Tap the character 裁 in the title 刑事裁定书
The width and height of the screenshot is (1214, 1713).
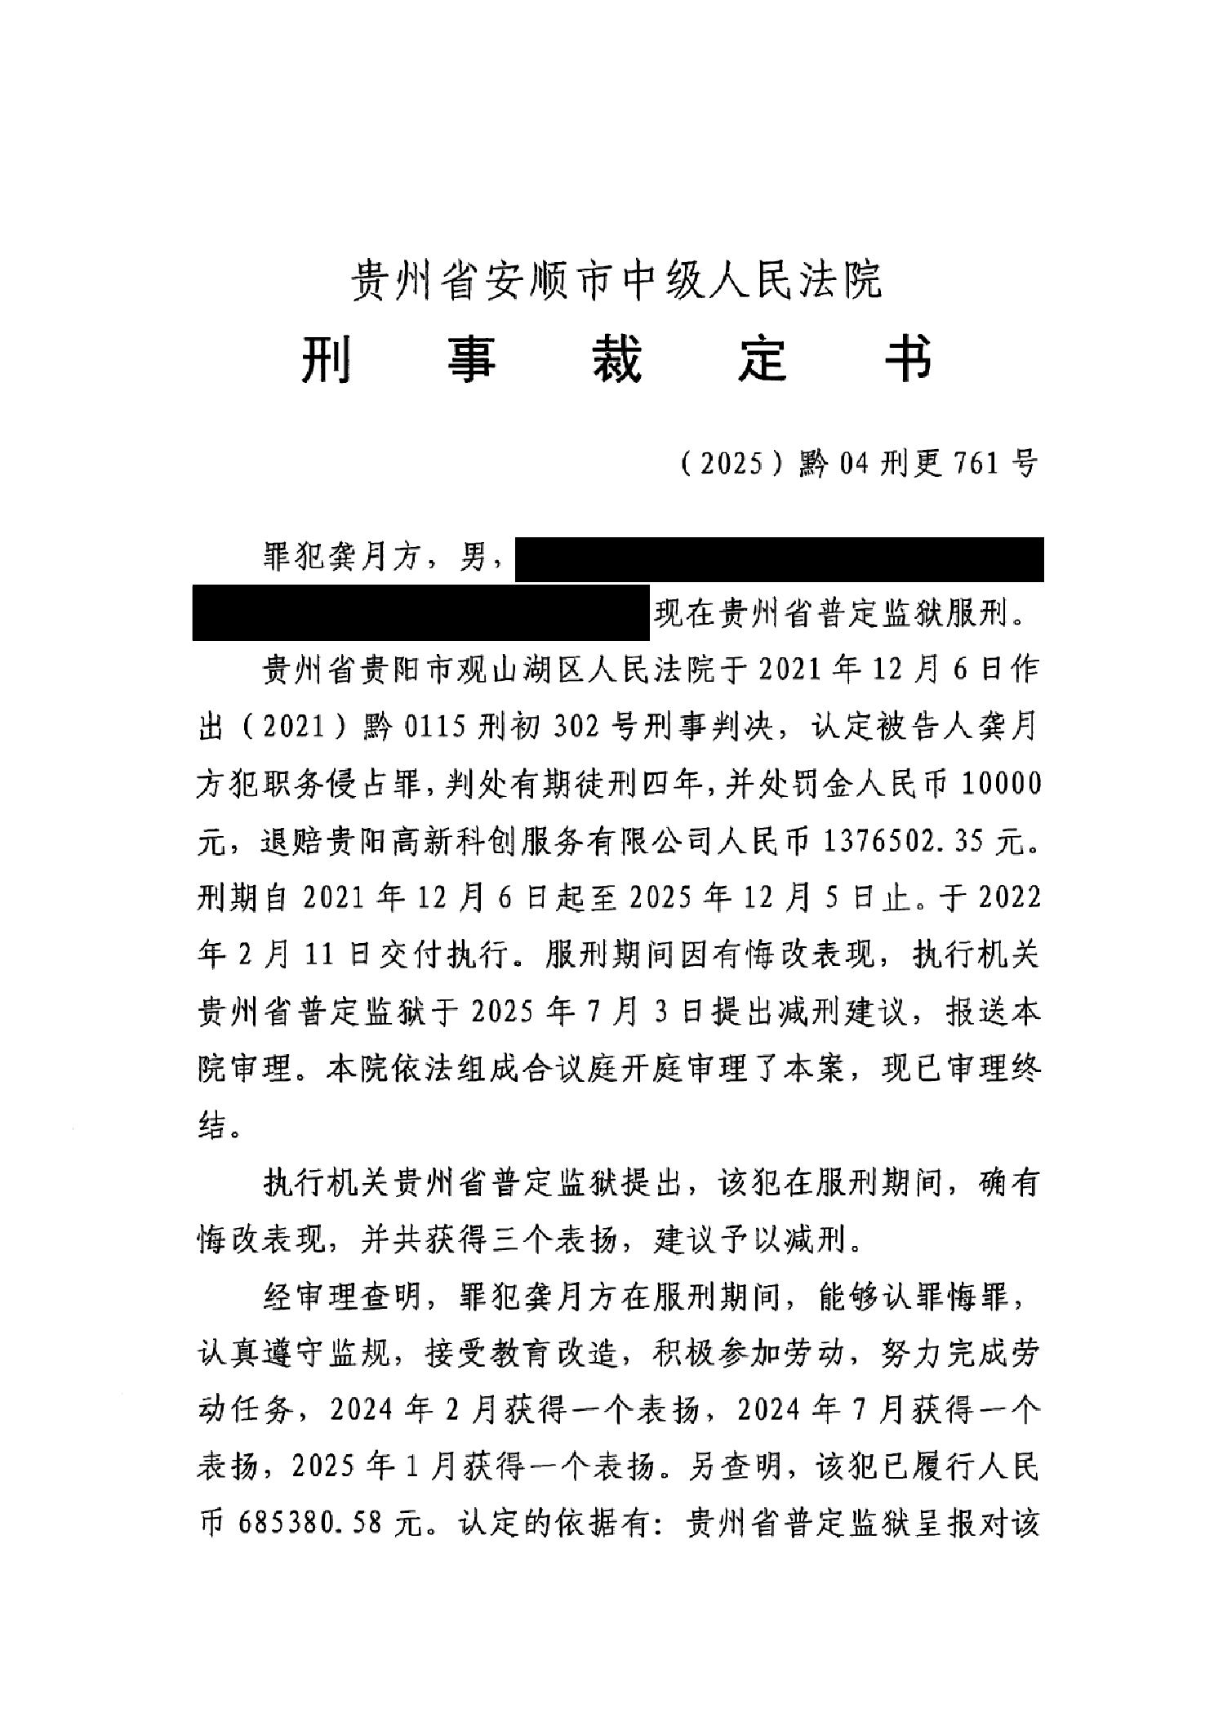pyautogui.click(x=616, y=360)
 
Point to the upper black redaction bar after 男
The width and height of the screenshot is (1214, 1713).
pyautogui.click(x=779, y=559)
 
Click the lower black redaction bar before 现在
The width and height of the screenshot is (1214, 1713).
pyautogui.click(x=420, y=612)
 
